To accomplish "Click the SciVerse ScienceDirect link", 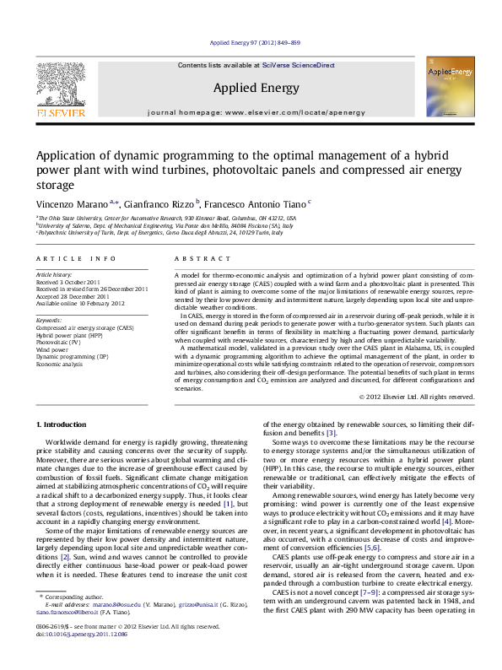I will pos(299,65).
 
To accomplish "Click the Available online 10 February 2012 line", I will pos(80,303).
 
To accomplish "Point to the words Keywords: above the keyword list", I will pos(48,320).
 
